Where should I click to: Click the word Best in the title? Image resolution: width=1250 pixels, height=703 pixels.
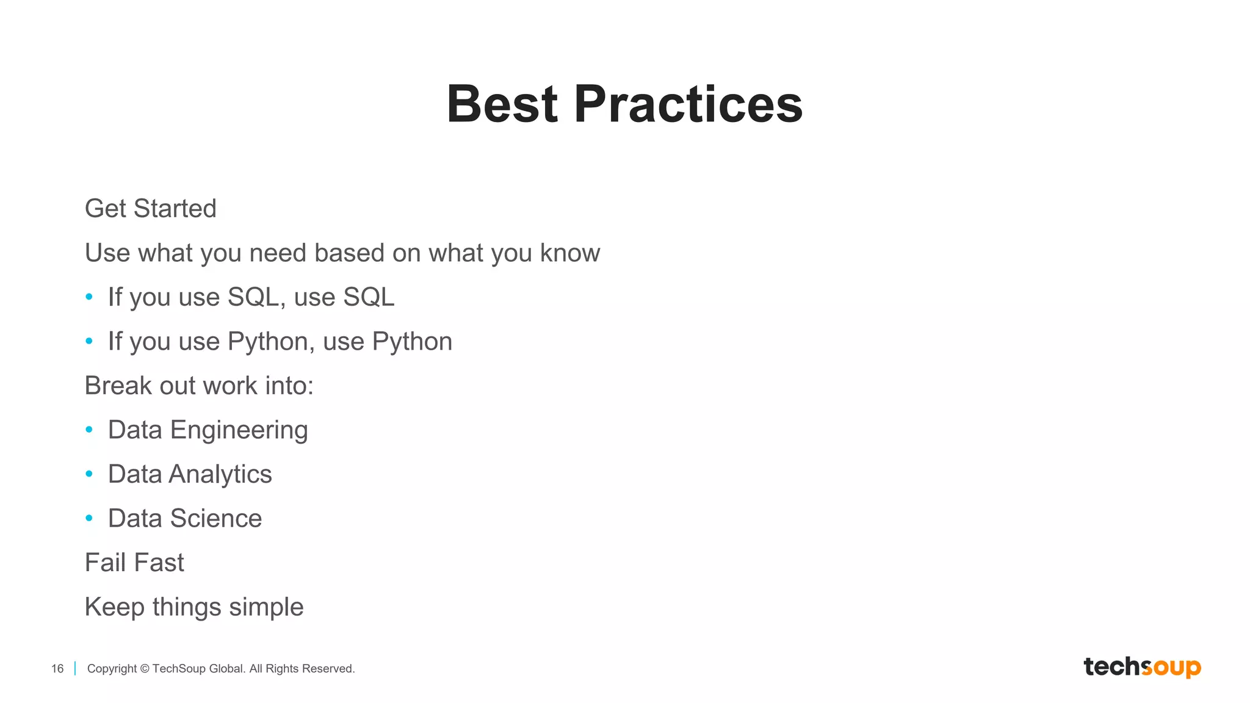[502, 104]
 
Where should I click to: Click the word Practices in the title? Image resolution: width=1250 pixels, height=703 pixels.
[688, 104]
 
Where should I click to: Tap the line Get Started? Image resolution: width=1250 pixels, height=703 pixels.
[150, 209]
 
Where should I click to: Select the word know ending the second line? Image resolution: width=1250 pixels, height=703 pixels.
[569, 253]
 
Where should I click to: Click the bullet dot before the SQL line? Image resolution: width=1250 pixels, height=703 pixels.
[89, 297]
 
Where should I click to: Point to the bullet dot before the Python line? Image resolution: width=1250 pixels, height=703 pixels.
[89, 341]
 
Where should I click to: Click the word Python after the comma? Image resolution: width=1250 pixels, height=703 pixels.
[412, 342]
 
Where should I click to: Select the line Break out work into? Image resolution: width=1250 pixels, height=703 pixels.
[199, 386]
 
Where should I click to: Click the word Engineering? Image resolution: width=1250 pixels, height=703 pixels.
[239, 431]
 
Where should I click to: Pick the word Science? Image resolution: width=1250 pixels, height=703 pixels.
[215, 519]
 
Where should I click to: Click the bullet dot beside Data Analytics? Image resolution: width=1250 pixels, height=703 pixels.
[89, 474]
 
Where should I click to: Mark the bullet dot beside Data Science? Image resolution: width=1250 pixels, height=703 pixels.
[89, 518]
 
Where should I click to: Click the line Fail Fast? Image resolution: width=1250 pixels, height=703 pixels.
[134, 563]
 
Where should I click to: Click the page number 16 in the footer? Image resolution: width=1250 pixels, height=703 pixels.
[57, 669]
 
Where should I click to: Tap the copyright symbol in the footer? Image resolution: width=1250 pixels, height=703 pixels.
[145, 669]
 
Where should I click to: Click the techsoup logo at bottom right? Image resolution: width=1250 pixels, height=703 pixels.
[1142, 667]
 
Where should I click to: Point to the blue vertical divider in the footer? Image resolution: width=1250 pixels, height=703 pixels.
[75, 668]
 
